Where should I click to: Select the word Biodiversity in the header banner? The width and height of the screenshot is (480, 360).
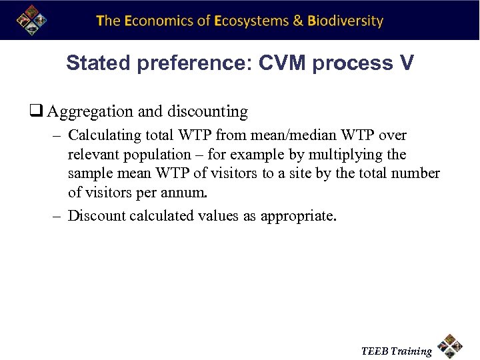(x=345, y=21)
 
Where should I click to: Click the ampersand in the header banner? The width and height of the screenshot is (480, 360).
(x=299, y=21)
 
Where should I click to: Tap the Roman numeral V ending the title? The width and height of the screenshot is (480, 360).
(x=406, y=63)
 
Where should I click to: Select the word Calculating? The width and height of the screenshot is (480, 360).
(x=105, y=135)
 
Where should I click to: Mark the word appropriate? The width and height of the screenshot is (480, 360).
(x=297, y=216)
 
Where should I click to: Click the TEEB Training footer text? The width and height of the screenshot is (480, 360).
(x=397, y=351)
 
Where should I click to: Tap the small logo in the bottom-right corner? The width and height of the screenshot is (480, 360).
(x=451, y=345)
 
